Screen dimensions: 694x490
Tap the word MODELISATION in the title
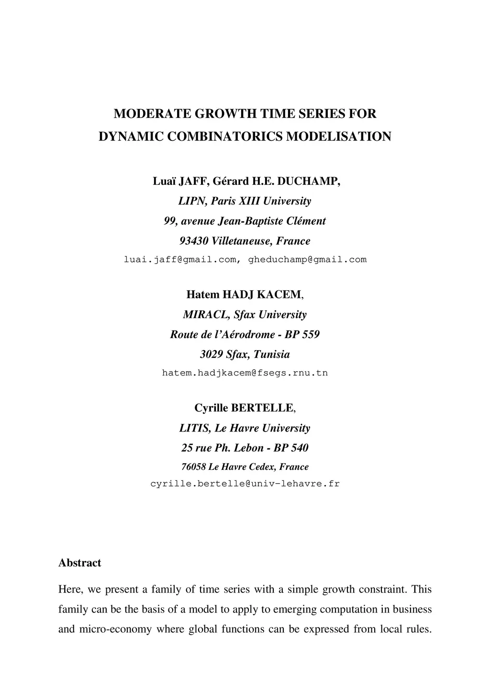click(x=338, y=137)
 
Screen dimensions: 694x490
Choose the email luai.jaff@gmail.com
click(x=180, y=260)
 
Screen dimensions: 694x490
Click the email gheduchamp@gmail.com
click(x=308, y=260)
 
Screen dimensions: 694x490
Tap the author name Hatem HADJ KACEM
click(x=244, y=295)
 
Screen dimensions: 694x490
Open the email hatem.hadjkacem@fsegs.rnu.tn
click(x=245, y=373)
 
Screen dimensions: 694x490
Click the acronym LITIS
click(x=194, y=428)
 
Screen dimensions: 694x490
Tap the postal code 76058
click(x=193, y=467)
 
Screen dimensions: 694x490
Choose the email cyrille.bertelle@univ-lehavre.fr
click(x=245, y=484)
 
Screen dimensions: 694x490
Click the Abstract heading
click(x=79, y=563)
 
